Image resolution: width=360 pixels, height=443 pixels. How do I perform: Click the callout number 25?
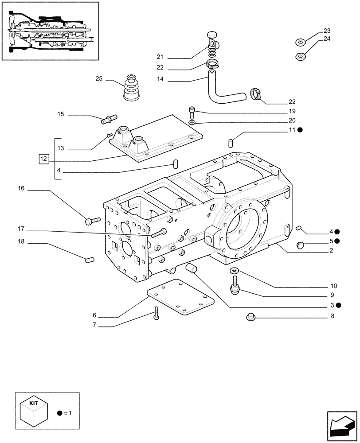point(99,79)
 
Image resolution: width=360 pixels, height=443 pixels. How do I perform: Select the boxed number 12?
point(43,158)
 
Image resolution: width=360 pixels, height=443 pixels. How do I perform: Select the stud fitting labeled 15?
point(109,119)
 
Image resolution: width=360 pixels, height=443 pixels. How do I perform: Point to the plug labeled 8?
point(250,316)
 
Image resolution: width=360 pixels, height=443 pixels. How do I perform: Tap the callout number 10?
point(333,286)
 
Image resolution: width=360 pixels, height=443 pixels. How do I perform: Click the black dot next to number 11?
point(300,130)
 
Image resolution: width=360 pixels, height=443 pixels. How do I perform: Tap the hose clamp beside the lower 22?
point(256,93)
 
